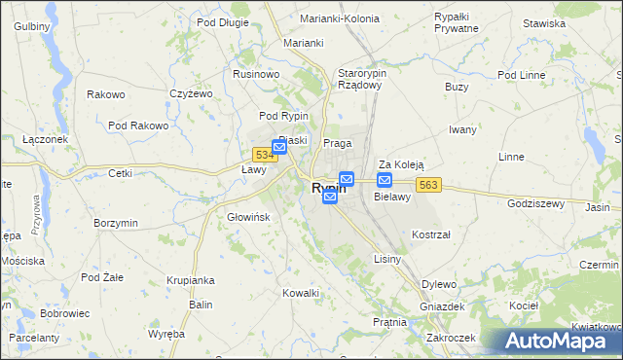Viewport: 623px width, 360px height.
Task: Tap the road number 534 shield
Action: [x=262, y=155]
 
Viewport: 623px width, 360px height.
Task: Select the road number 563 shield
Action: [x=430, y=185]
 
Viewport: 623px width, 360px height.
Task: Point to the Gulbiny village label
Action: [x=32, y=25]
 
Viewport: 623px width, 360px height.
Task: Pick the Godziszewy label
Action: [x=536, y=203]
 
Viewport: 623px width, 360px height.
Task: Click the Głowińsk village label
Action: [x=247, y=217]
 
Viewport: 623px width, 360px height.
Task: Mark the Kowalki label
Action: [x=301, y=293]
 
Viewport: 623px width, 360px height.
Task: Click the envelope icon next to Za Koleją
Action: [x=385, y=181]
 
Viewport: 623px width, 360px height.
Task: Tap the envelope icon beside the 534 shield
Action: [x=279, y=148]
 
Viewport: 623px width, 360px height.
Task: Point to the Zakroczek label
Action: [x=451, y=338]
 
